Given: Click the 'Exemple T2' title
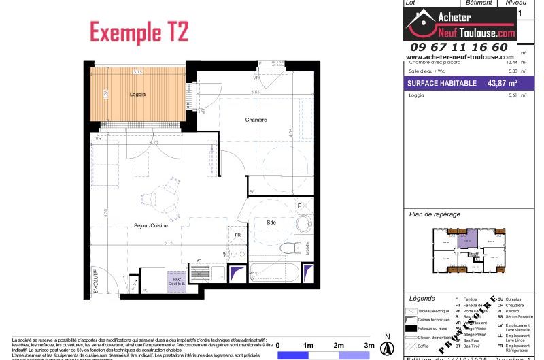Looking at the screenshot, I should [x=139, y=32].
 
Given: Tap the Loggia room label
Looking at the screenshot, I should [x=138, y=95].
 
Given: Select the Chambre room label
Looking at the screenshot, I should [x=256, y=120].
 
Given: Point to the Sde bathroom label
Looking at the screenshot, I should [x=271, y=222].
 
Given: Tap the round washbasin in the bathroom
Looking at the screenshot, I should [x=304, y=223].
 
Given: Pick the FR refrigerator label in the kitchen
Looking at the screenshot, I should [x=237, y=235].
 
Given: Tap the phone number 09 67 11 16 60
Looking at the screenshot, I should [x=457, y=47].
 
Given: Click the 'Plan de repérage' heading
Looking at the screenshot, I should [x=435, y=214].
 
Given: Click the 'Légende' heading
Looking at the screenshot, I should [x=423, y=299].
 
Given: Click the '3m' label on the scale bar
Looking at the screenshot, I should [x=369, y=346].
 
